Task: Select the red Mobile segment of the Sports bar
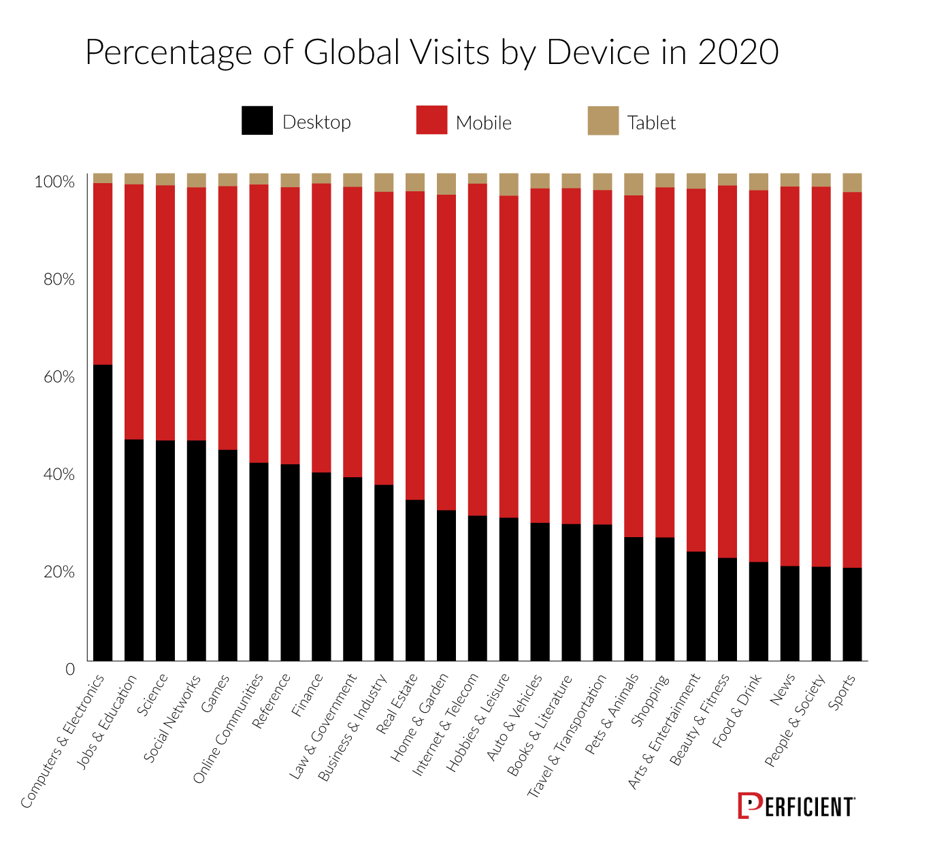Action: [852, 379]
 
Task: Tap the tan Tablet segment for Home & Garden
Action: [446, 184]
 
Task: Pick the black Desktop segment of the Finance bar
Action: [321, 566]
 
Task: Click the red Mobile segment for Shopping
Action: [665, 362]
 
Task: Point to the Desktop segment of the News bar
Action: [789, 613]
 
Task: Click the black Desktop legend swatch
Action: [257, 121]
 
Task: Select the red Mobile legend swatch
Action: [431, 121]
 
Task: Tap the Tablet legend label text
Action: [651, 123]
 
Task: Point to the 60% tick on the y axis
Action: [59, 376]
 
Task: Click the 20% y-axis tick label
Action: [59, 571]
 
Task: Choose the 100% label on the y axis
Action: [54, 182]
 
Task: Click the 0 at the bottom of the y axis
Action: [69, 669]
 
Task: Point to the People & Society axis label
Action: [796, 720]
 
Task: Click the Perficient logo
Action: [796, 806]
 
